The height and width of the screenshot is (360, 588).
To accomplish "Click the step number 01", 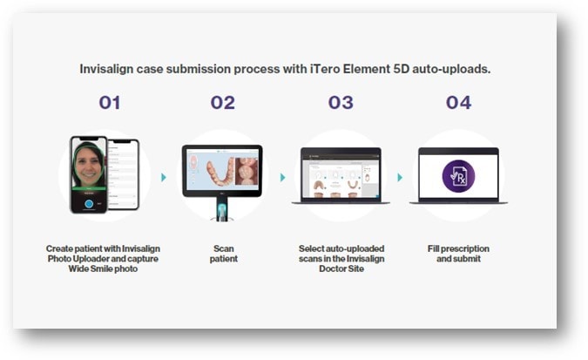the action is coord(110,103).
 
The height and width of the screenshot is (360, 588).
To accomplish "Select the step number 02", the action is coord(223,103).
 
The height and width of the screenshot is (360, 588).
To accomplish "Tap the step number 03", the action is coord(341,103).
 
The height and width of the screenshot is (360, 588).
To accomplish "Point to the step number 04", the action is coord(458,103).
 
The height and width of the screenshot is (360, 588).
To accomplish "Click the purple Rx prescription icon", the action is coord(458,176).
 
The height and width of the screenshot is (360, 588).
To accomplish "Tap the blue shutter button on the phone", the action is coord(89,203).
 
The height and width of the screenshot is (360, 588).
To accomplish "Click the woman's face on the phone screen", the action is coord(89,165).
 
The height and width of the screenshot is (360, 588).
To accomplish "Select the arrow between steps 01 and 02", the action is coord(164,177).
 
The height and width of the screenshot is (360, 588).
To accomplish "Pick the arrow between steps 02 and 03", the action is coord(283,177).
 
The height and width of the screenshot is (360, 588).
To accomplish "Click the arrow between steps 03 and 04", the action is coord(400,177).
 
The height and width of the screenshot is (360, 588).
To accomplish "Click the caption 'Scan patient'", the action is coord(224,254).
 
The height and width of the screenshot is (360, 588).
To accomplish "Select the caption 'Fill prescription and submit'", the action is coord(458,254).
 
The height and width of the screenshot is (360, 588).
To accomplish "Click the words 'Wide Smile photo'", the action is coord(103,268).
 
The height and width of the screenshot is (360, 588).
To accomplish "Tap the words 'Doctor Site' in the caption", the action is coord(341,268).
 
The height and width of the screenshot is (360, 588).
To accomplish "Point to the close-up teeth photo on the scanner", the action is coord(247,171).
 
